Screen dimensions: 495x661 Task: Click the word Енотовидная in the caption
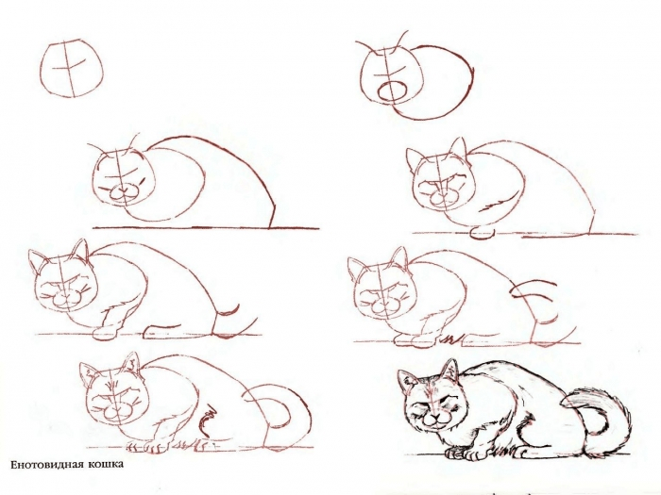47,465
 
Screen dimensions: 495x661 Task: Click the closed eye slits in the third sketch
139,177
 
